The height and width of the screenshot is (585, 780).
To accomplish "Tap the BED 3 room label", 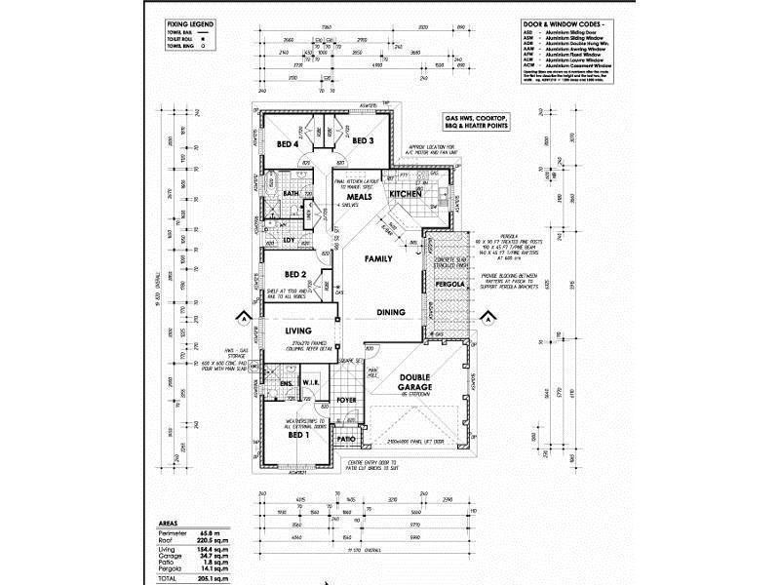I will [362, 141].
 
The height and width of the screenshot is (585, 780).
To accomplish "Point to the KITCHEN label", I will [405, 195].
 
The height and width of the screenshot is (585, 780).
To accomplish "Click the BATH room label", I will [291, 194].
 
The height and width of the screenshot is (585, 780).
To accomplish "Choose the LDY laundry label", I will [289, 240].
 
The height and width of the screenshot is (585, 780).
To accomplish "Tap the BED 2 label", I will [295, 275].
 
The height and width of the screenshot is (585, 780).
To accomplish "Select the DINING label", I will [391, 313].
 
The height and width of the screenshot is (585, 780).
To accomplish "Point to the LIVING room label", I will [297, 331].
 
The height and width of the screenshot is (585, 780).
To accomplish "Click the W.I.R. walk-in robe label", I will [313, 381].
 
